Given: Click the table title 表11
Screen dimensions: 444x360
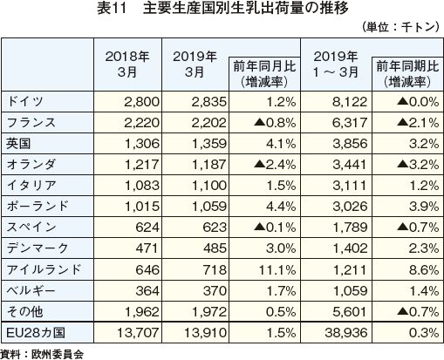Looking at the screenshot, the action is pyautogui.click(x=112, y=9).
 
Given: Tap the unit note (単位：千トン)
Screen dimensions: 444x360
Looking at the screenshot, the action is pyautogui.click(x=400, y=27).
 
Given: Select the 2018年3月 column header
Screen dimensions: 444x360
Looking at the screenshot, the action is pyautogui.click(x=127, y=65).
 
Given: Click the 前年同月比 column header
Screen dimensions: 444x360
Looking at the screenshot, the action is pyautogui.click(x=264, y=74).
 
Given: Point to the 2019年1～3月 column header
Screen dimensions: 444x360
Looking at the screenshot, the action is pyautogui.click(x=336, y=65).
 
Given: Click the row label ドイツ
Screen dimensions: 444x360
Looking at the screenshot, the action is pyautogui.click(x=25, y=101).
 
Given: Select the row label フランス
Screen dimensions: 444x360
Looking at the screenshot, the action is pyautogui.click(x=31, y=122).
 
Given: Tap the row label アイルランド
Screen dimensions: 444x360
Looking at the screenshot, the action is pyautogui.click(x=44, y=269).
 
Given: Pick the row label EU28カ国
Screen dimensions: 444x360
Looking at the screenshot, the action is pyautogui.click(x=36, y=333).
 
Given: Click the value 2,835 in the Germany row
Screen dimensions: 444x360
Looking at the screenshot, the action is pyautogui.click(x=208, y=102).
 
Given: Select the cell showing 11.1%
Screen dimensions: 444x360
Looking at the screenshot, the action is pyautogui.click(x=277, y=270).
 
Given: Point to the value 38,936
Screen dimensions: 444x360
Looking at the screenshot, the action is pyautogui.click(x=346, y=333).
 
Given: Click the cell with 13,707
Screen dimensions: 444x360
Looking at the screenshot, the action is pyautogui.click(x=138, y=333).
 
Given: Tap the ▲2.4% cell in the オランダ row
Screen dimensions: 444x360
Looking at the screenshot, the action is pyautogui.click(x=275, y=165).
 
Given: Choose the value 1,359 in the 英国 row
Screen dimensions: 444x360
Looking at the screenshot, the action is pyautogui.click(x=209, y=144).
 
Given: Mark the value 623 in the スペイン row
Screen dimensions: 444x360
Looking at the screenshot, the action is pyautogui.click(x=215, y=228).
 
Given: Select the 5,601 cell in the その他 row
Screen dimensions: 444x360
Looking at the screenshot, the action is pyautogui.click(x=350, y=312).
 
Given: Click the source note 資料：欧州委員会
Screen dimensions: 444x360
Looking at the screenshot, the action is pyautogui.click(x=42, y=354).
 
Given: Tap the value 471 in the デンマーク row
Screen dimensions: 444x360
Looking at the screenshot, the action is pyautogui.click(x=147, y=248).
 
